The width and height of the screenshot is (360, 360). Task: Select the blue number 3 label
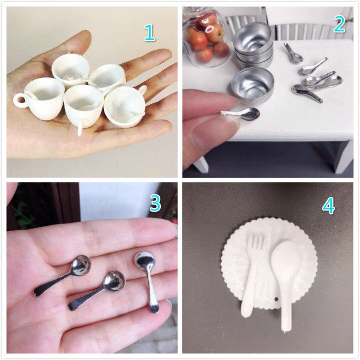(x=155, y=204)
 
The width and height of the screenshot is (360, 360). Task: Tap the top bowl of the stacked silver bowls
(x=252, y=37)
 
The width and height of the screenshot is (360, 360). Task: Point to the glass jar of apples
(x=207, y=37)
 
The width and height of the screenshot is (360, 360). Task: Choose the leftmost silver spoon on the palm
(x=62, y=275)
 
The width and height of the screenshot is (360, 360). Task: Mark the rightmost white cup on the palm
(x=125, y=107)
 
